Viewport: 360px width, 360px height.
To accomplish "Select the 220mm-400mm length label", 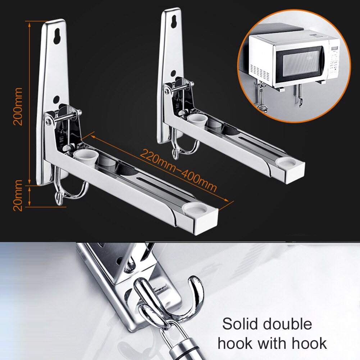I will [178, 170].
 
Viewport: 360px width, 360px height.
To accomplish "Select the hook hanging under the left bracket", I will [68, 192].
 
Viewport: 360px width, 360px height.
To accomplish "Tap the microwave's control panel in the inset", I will [334, 59].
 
